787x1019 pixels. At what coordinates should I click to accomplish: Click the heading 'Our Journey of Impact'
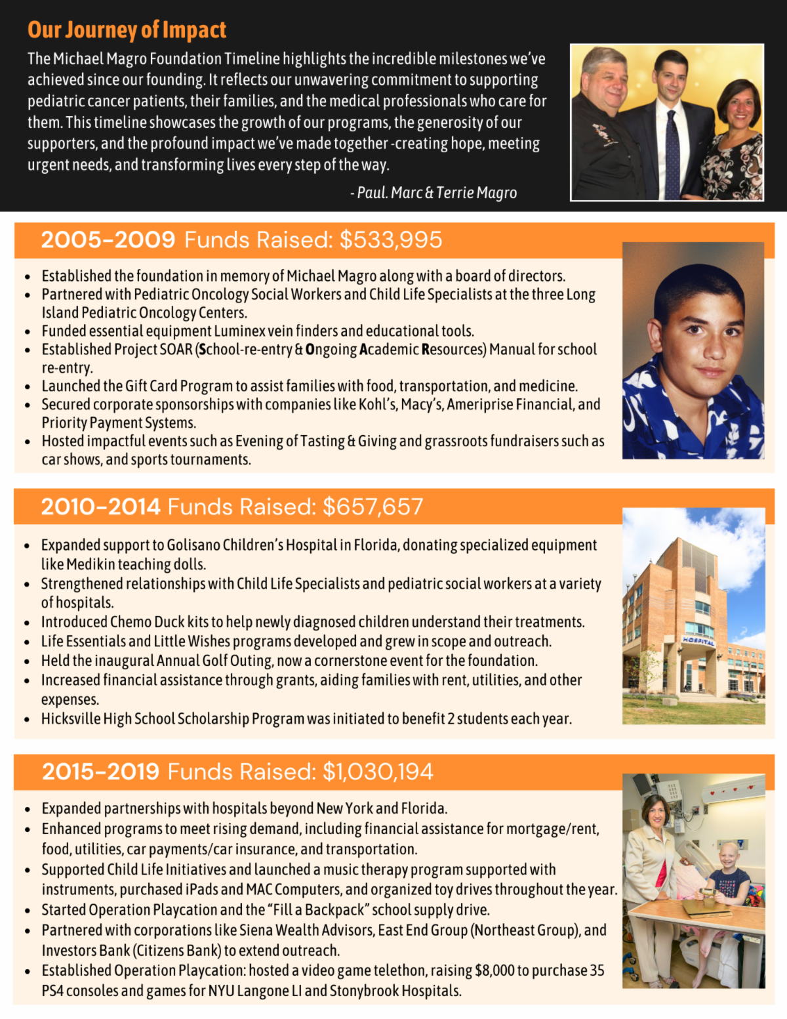pos(127,30)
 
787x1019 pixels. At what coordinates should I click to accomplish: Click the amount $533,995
pos(391,240)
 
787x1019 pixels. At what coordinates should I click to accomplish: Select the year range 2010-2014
pos(100,507)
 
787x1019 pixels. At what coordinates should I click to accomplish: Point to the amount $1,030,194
pos(378,772)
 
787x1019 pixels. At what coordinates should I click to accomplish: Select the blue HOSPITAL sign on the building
pos(698,640)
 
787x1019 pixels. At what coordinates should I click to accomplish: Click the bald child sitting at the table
pos(730,866)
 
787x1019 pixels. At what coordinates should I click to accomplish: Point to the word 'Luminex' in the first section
pos(239,331)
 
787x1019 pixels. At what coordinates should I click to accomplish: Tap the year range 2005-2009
pos(108,240)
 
